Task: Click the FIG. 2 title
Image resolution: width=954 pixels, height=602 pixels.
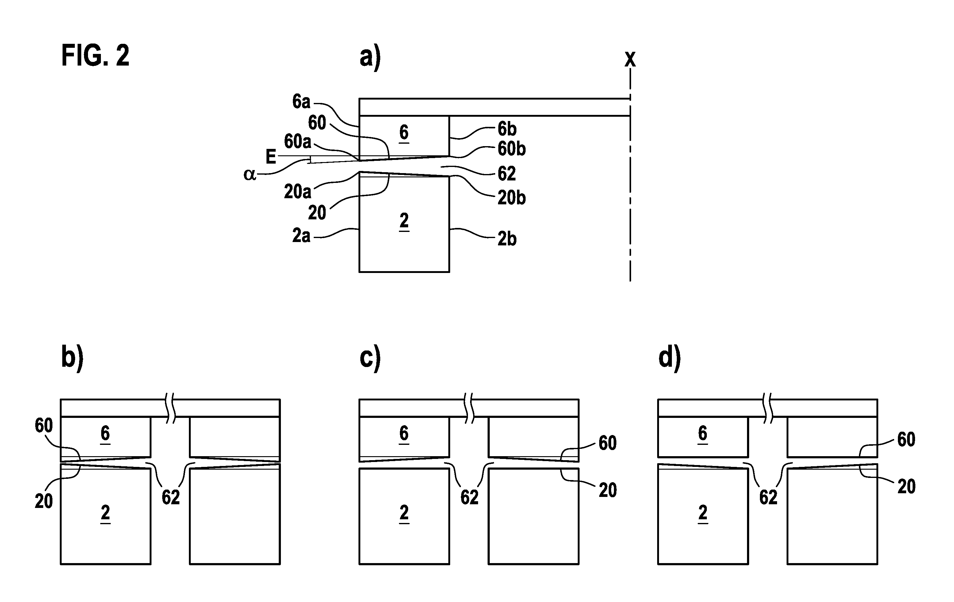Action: pos(95,56)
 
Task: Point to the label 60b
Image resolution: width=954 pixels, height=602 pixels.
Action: pos(511,149)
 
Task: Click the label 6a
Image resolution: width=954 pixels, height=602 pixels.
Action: pos(301,102)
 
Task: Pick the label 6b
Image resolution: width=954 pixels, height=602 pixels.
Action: pos(507,129)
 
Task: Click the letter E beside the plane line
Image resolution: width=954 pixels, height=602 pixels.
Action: pos(270,157)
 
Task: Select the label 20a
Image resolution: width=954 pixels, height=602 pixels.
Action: pos(297,191)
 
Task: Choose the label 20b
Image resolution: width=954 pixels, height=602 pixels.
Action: pos(511,198)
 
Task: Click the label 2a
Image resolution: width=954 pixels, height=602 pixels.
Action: pos(301,236)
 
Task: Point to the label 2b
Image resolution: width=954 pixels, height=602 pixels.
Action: pos(507,239)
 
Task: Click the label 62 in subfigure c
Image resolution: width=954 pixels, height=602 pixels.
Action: pos(469,498)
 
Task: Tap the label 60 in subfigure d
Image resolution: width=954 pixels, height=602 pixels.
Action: pos(906,440)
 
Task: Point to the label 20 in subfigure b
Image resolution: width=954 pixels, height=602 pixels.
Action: pos(44,502)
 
